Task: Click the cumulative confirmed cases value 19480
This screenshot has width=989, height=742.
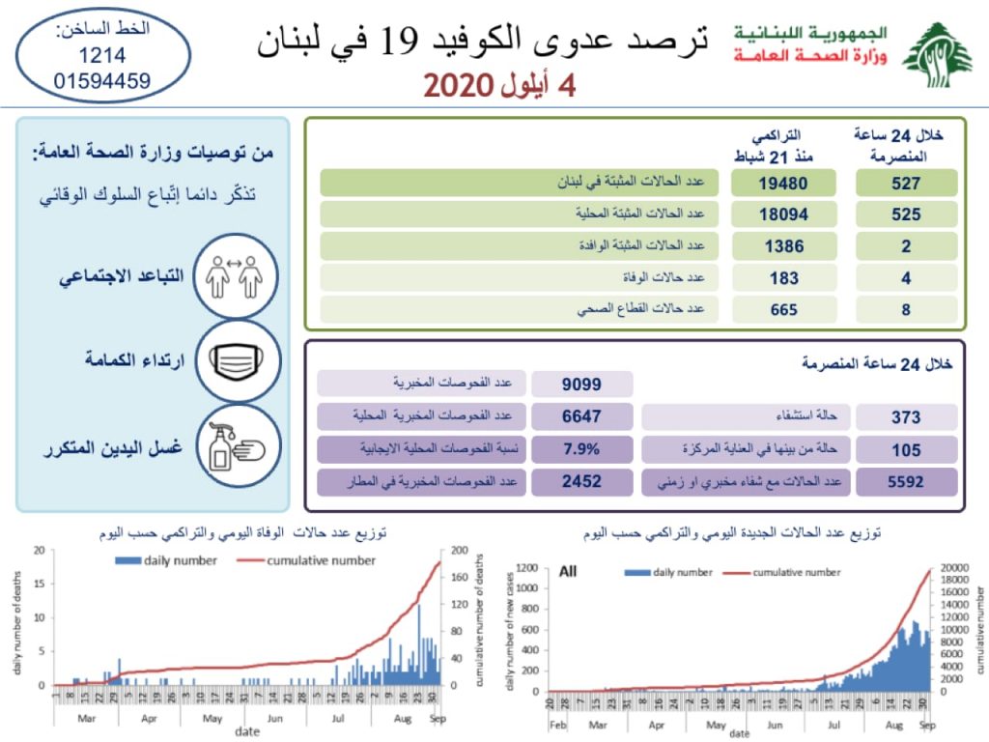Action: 782,183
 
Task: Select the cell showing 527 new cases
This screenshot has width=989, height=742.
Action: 905,183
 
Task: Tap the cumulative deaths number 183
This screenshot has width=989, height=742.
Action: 782,278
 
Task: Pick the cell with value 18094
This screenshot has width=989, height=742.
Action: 782,214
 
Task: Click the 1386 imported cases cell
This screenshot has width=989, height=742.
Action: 782,246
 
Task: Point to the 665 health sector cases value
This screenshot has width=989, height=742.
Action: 782,310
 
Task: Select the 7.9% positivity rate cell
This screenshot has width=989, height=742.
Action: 581,449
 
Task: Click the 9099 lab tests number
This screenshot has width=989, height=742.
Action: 581,385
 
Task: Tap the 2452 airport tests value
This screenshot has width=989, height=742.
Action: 581,481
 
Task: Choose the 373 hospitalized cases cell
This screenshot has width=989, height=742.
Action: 905,417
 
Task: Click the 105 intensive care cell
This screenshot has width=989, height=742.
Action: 905,449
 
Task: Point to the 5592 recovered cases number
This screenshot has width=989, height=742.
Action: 905,481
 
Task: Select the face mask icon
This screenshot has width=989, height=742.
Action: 237,362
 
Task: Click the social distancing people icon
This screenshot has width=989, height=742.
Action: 237,276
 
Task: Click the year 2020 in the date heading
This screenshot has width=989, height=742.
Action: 458,87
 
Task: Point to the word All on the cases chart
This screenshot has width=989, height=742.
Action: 568,572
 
